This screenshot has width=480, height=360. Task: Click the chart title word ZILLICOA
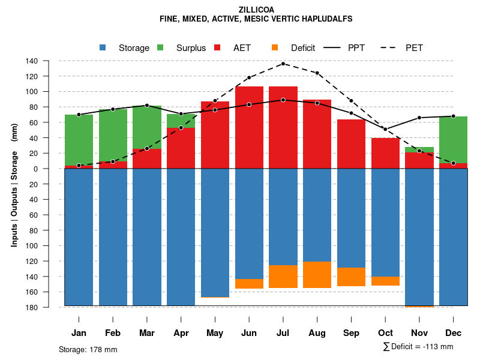coord(256,10)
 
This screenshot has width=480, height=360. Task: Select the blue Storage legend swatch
coord(103,48)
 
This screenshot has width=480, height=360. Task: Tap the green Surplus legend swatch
coord(161,48)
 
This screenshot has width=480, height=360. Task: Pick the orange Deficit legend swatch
coord(275,48)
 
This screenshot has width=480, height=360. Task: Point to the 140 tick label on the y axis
coord(49,61)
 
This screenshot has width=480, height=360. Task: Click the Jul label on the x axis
coord(283,333)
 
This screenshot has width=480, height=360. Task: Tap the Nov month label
coord(419,333)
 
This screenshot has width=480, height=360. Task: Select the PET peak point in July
coord(283,64)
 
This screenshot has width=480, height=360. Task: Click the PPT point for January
coord(79,115)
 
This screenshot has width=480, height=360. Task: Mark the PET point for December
coord(453,163)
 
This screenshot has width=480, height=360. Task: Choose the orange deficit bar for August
coord(317,275)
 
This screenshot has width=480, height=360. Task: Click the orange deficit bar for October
coord(385,281)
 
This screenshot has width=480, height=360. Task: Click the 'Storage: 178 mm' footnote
coord(88,349)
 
